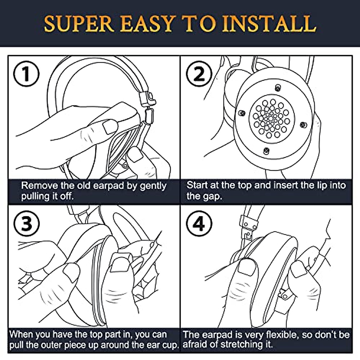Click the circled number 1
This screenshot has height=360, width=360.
pos(26,73)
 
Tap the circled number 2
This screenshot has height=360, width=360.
pos(199,73)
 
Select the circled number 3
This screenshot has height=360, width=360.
pos(26,224)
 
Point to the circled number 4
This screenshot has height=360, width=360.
pos(199,224)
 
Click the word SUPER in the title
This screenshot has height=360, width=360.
pos(79,24)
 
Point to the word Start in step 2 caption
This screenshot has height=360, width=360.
pos(197,185)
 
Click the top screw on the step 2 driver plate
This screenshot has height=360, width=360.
pos(278,88)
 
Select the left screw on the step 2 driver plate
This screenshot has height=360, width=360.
pos(242,113)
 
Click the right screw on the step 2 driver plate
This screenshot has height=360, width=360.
pos(303,124)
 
